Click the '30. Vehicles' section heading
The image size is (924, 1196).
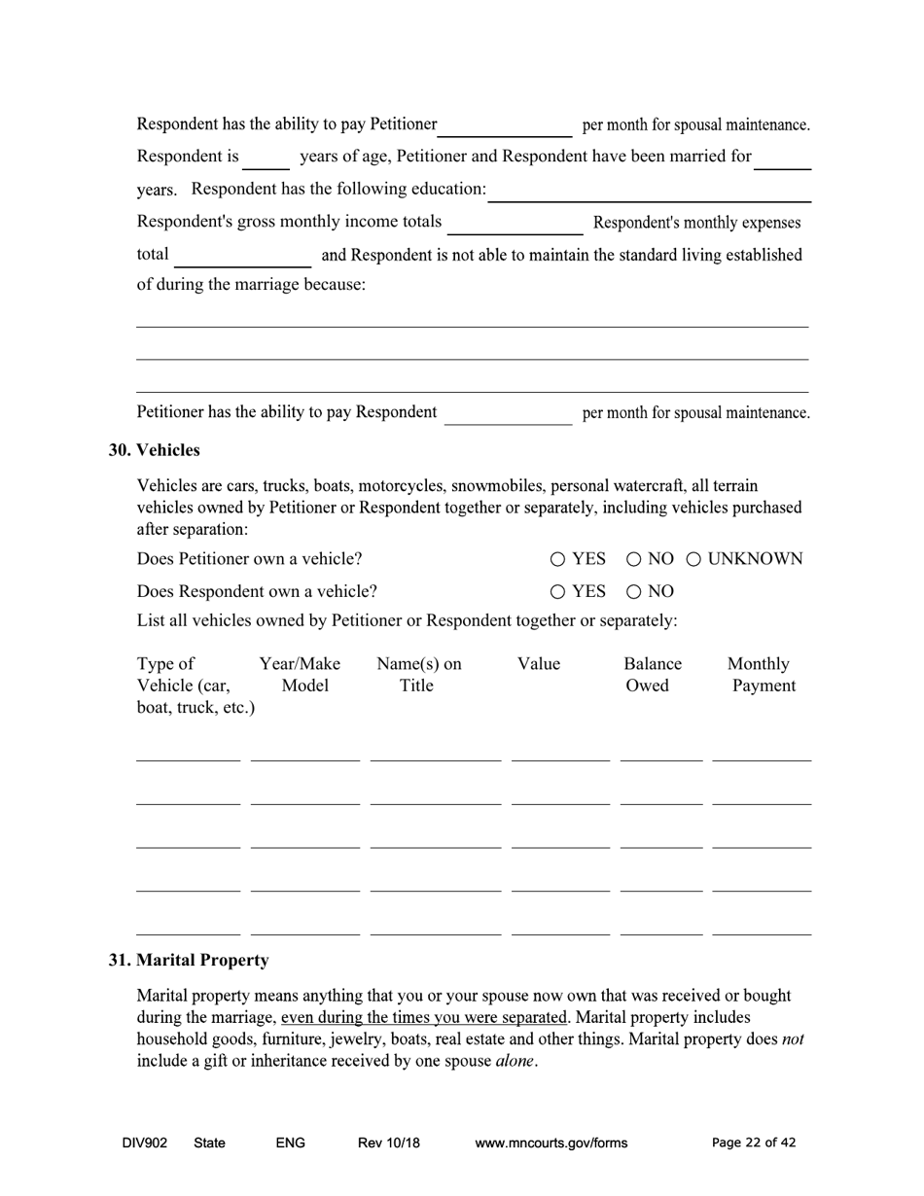[x=154, y=450]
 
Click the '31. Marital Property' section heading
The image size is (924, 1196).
[x=188, y=961]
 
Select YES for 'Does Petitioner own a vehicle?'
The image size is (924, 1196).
[x=557, y=559]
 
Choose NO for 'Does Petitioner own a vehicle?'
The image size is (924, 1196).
[x=633, y=559]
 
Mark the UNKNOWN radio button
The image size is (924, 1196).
[x=694, y=559]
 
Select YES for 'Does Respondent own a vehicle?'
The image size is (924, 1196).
[x=557, y=591]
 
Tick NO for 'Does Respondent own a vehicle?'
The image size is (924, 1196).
[x=633, y=591]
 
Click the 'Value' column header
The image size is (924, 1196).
[x=538, y=664]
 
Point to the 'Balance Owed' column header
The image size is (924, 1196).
[x=652, y=675]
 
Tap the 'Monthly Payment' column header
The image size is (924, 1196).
[x=761, y=675]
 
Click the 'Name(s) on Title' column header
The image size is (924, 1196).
[x=418, y=675]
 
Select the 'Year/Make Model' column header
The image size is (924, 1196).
[x=301, y=675]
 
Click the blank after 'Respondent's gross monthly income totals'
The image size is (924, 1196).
[x=515, y=224]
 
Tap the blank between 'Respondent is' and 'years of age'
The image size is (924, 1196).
[x=266, y=158]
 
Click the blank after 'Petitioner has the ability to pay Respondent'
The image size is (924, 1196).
[x=508, y=413]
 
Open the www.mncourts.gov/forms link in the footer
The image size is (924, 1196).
[x=551, y=1143]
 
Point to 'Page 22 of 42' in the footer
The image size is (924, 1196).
[x=754, y=1143]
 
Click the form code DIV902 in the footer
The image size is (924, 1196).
[x=145, y=1143]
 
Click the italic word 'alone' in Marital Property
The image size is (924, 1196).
[x=515, y=1062]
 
